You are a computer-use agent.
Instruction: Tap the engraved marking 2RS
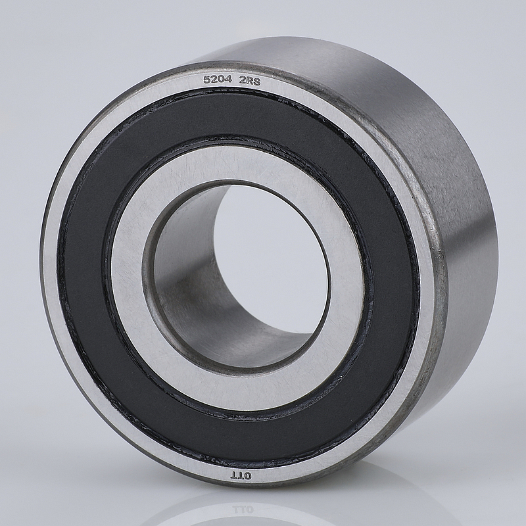click(x=249, y=81)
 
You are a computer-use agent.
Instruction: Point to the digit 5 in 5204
click(x=205, y=80)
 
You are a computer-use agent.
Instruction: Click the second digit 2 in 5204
click(x=212, y=80)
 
